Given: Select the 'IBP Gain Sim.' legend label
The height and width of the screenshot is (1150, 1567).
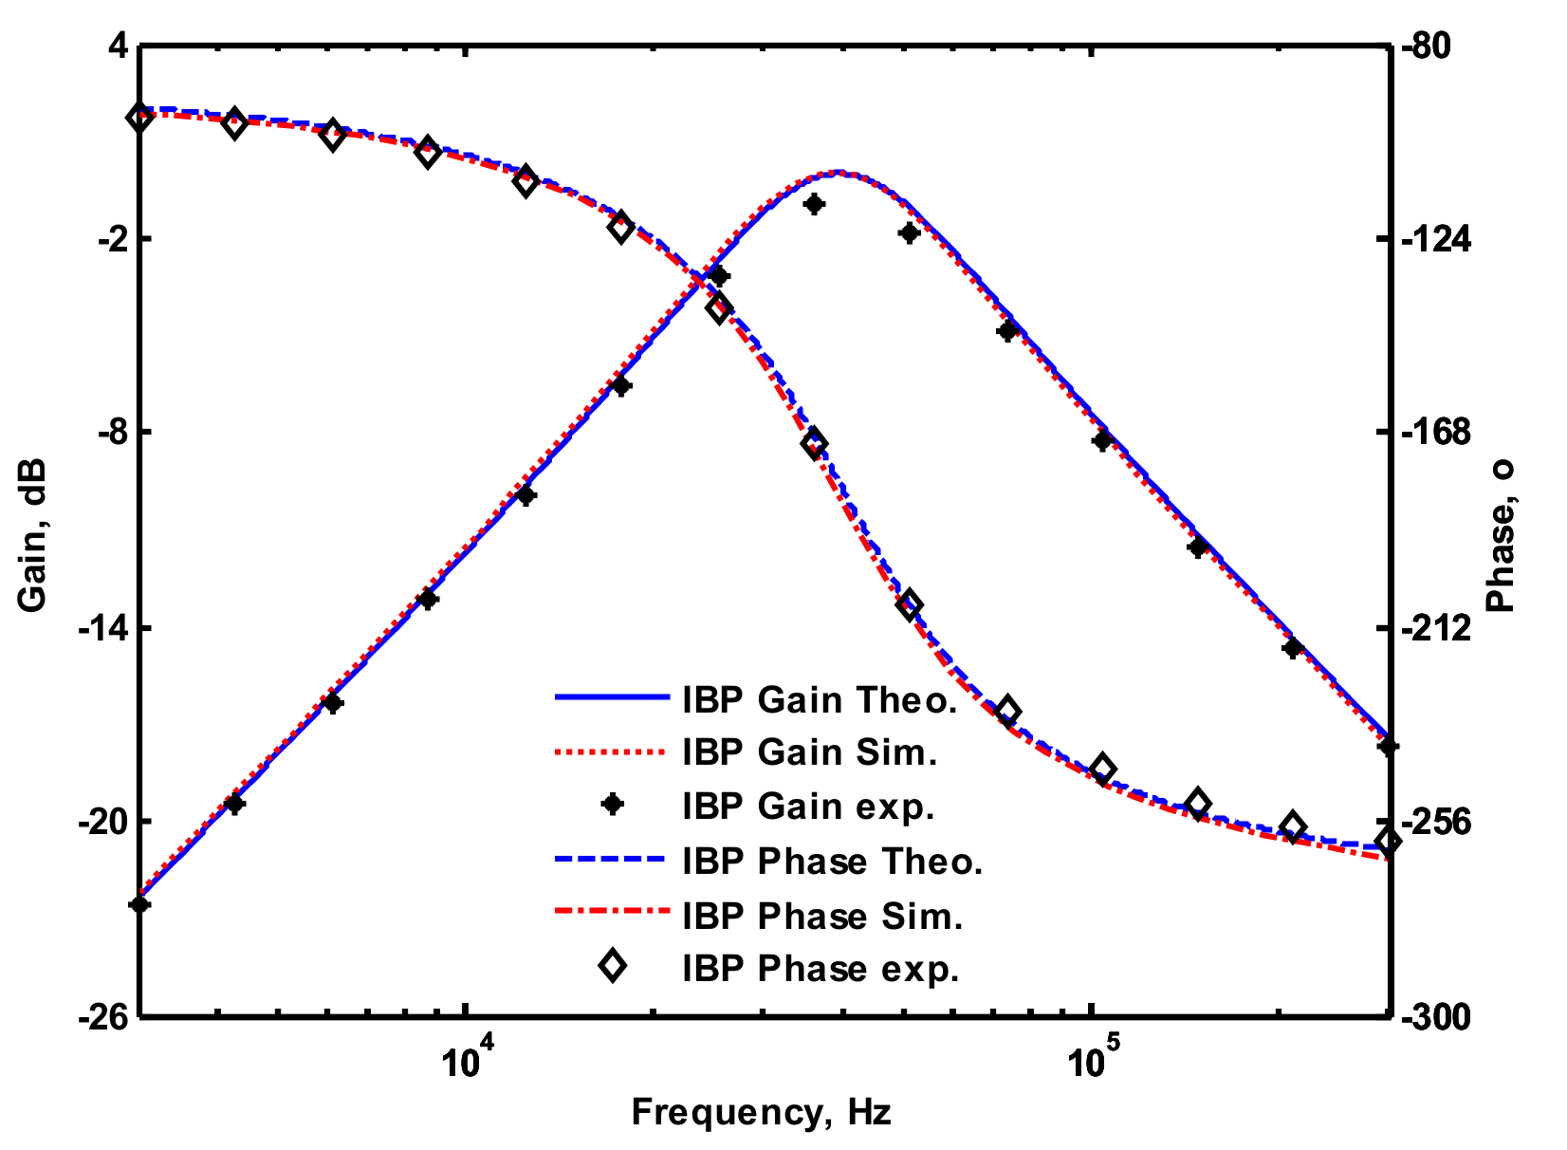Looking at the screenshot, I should (x=809, y=752).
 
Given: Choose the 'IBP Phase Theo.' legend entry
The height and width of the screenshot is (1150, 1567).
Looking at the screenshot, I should (x=832, y=862).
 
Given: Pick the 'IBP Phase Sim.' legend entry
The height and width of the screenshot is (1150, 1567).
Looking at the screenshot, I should (x=822, y=917).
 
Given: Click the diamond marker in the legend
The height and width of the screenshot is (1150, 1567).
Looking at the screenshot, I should (x=613, y=967).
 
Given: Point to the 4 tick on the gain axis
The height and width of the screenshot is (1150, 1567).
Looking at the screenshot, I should (x=118, y=46).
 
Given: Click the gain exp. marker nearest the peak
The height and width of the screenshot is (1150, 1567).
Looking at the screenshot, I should (x=813, y=204).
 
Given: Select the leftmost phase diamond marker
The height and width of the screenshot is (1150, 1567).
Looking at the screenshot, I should (x=140, y=119).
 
